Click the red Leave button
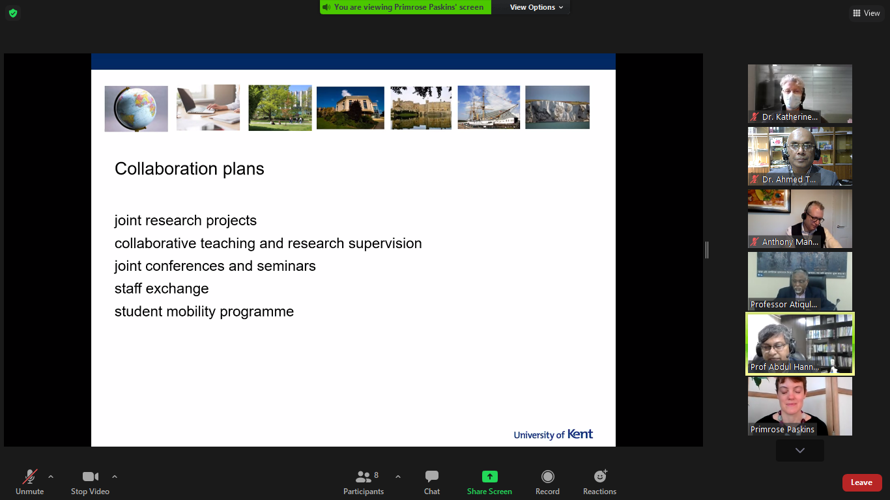point(861,482)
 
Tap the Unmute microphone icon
point(30,477)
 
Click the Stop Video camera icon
point(90,477)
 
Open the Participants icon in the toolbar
point(363,477)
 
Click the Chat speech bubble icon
point(431,476)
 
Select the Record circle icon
point(547,477)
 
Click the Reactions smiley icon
point(600,476)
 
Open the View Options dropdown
point(536,7)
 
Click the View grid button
point(866,13)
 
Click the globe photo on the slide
point(136,109)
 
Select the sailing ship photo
point(489,107)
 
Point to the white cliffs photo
point(558,107)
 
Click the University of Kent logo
point(553,434)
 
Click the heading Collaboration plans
point(189,169)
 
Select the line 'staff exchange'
point(162,288)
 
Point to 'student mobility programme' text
point(204,312)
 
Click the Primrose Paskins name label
point(782,429)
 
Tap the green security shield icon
point(13,13)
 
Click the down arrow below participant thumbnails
point(800,451)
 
